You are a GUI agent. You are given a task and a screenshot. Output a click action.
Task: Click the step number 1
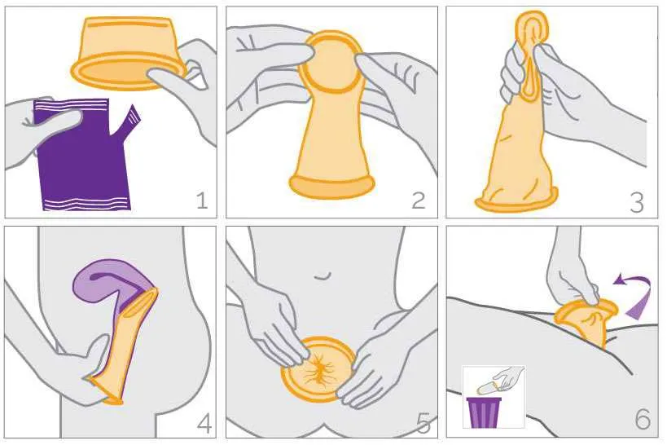coord(203,200)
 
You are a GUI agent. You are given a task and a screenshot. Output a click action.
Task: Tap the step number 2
coord(419,200)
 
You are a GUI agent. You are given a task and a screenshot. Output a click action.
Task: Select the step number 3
coord(637,202)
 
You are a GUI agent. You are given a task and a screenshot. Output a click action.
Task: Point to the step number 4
coord(204,423)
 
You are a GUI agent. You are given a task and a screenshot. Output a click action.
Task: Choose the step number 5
coord(423,423)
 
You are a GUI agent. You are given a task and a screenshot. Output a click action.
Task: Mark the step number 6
coord(643,419)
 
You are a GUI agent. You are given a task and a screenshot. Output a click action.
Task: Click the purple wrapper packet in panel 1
coord(83,156)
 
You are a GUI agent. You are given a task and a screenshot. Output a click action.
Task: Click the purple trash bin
coord(484,412)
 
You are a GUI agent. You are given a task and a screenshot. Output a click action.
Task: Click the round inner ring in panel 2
coord(331,63)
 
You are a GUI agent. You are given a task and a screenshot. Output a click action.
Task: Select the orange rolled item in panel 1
coord(128,53)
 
